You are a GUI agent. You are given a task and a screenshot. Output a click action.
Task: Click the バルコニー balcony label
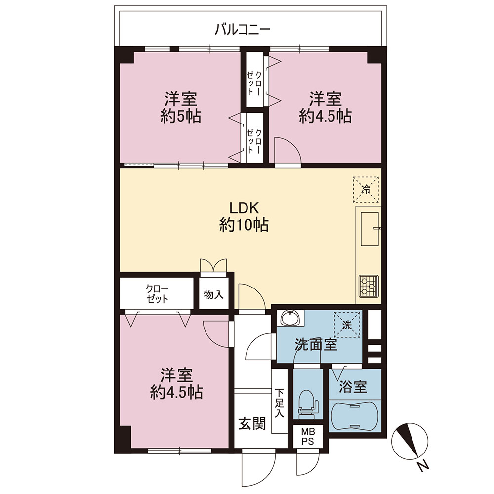pos(242,30)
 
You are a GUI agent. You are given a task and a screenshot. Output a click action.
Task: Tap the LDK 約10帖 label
pos(244,217)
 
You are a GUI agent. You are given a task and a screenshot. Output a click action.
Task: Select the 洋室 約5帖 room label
pos(180,107)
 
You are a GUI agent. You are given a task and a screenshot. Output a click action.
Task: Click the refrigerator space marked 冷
pos(366,189)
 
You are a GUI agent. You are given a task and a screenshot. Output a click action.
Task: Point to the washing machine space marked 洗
pos(347,325)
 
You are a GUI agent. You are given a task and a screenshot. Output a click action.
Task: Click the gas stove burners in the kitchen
pos(369,286)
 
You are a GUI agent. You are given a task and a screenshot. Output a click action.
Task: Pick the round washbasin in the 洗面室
pos(290,318)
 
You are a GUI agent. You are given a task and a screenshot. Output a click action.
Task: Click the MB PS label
pos(307,436)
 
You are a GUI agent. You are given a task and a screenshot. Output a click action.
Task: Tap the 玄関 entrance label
pos(252,423)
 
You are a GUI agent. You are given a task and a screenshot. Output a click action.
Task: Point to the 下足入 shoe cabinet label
pos(279,403)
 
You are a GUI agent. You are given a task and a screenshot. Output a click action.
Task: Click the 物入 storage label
pos(213,295)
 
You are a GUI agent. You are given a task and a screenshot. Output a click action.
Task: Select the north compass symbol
pos(410,441)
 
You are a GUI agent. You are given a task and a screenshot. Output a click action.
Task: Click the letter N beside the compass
pos(424,466)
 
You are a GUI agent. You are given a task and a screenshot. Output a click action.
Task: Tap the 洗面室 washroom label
pos(316,345)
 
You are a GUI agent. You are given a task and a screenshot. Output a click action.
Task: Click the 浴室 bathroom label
pos(353,387)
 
